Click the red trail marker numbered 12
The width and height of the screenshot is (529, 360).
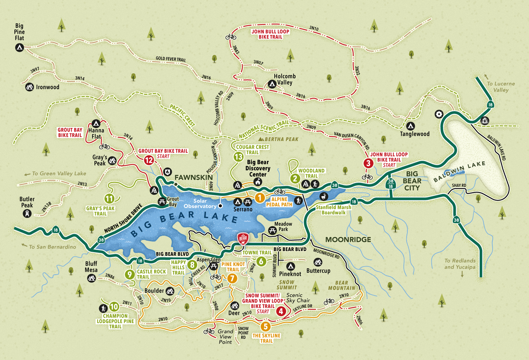(x=149, y=160)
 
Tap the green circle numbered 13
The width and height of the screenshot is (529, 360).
(x=239, y=157)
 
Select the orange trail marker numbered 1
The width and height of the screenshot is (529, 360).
(x=260, y=198)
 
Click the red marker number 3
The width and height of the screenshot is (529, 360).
(x=368, y=163)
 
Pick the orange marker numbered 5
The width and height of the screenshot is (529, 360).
(x=266, y=327)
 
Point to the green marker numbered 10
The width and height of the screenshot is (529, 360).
(x=114, y=306)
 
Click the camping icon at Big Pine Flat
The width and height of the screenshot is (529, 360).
(x=19, y=47)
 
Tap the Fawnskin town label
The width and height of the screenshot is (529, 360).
(x=194, y=177)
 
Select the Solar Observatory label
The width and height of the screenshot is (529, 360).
(x=200, y=203)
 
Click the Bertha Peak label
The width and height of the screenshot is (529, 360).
(x=281, y=139)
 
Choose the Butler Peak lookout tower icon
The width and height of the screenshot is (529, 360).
(x=27, y=213)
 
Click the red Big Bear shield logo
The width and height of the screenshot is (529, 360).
(x=243, y=239)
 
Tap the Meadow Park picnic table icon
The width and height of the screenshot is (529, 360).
(x=272, y=231)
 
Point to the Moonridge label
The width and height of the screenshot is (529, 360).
(x=348, y=239)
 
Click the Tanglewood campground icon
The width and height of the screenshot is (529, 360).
(x=410, y=126)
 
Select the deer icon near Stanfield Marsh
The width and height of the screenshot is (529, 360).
(x=323, y=196)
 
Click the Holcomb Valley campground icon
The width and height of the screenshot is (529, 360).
(x=272, y=84)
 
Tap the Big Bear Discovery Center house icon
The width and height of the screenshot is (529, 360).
(x=258, y=182)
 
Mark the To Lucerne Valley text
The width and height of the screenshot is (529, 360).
(x=501, y=87)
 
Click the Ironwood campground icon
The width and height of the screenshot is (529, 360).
(x=30, y=87)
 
